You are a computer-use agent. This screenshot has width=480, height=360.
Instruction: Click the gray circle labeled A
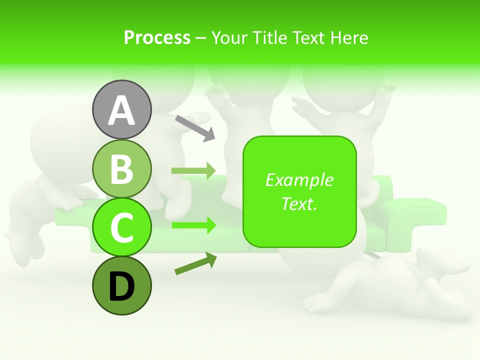pyautogui.click(x=121, y=109)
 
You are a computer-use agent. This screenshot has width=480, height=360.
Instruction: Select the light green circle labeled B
pyautogui.click(x=121, y=168)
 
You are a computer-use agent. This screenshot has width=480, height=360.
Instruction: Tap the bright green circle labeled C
pyautogui.click(x=121, y=227)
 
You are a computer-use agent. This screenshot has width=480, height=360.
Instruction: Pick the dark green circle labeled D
pyautogui.click(x=121, y=286)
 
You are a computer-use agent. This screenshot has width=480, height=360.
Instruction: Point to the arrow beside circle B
pyautogui.click(x=193, y=170)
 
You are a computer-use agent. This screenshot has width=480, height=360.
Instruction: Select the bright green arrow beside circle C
pyautogui.click(x=193, y=225)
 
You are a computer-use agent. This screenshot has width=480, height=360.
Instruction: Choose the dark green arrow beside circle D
pyautogui.click(x=195, y=263)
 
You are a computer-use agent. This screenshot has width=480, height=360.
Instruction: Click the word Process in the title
pyautogui.click(x=157, y=37)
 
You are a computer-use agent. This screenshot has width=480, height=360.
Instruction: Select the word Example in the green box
pyautogui.click(x=299, y=180)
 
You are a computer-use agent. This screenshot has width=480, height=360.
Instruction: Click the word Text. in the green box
pyautogui.click(x=299, y=203)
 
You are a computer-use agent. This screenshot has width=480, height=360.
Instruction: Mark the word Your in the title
pyautogui.click(x=229, y=37)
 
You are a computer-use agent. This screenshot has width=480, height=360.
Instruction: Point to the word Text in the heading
pyautogui.click(x=307, y=37)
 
